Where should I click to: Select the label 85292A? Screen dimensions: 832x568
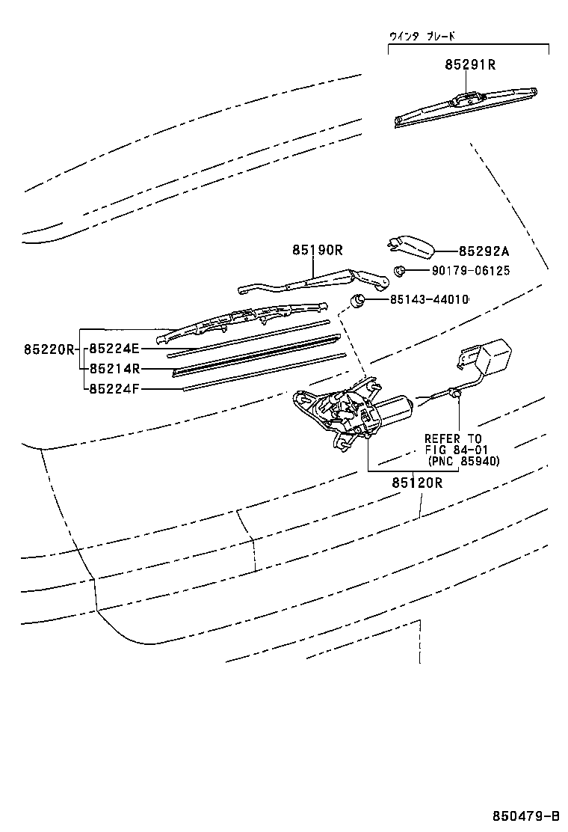[483, 252]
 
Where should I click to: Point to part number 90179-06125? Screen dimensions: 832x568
[470, 271]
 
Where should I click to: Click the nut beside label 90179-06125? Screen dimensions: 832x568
[400, 271]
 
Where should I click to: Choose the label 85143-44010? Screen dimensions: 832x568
[429, 299]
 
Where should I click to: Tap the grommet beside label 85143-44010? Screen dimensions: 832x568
[359, 300]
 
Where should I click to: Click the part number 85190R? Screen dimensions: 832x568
[317, 251]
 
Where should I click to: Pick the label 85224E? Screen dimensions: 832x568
[114, 349]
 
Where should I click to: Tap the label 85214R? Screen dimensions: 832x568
[114, 369]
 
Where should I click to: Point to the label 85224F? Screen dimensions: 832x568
[114, 389]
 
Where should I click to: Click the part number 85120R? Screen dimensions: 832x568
[417, 483]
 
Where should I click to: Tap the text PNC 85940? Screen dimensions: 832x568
[464, 461]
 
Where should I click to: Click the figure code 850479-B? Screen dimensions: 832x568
[525, 816]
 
